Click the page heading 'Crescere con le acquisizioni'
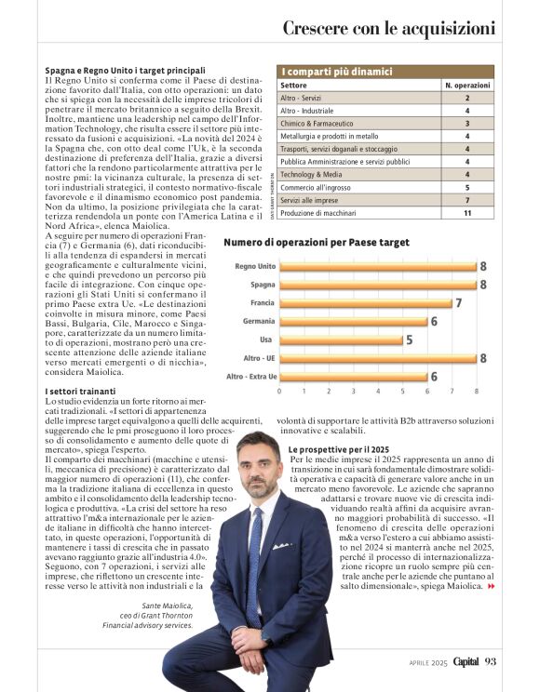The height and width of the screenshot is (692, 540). click(x=388, y=28)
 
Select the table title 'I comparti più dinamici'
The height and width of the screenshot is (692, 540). click(x=337, y=72)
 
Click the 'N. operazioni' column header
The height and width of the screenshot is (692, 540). click(x=466, y=85)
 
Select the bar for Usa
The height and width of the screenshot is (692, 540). click(x=341, y=339)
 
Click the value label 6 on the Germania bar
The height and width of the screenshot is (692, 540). click(x=434, y=321)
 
